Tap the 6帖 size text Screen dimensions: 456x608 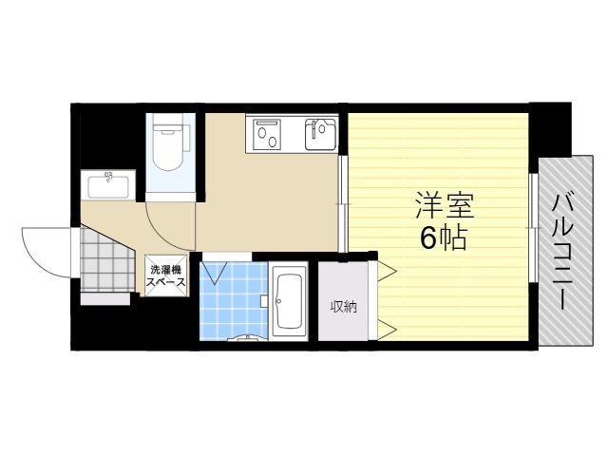coord(444,238)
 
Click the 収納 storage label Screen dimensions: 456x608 coord(343,306)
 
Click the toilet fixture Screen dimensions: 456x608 coord(171,147)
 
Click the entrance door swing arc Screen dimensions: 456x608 coord(43,249)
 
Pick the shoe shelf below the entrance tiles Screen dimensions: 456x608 coord(104,298)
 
